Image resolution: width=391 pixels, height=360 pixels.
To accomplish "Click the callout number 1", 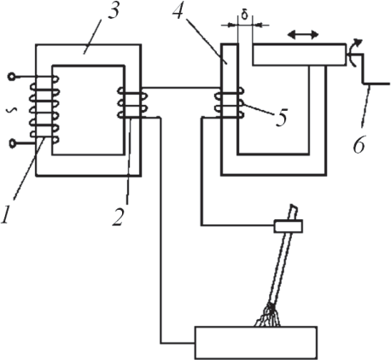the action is point(7,214).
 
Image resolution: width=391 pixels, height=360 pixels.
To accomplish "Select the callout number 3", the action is point(113,11).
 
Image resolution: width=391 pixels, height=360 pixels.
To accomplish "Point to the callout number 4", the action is point(178,11).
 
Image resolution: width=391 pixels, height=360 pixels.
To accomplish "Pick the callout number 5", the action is point(281,117).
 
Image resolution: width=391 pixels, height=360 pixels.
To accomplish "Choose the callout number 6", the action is point(359,145).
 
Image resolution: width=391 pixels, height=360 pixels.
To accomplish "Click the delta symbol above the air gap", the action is point(245,15).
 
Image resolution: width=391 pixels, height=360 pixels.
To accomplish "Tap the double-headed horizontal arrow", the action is point(303,35).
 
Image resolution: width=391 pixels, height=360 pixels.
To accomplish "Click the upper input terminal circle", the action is point(12,77).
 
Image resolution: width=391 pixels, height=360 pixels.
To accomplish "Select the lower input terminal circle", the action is point(12,143).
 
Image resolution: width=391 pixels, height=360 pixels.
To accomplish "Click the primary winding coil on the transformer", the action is point(44,109).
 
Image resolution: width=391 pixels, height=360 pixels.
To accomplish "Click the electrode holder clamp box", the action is point(288,226).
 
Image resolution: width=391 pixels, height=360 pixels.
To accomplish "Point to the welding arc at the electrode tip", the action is point(268,315).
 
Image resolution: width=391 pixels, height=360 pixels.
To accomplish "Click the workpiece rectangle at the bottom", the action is point(256,343).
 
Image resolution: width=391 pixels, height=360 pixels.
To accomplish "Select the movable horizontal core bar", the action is point(300,55).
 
